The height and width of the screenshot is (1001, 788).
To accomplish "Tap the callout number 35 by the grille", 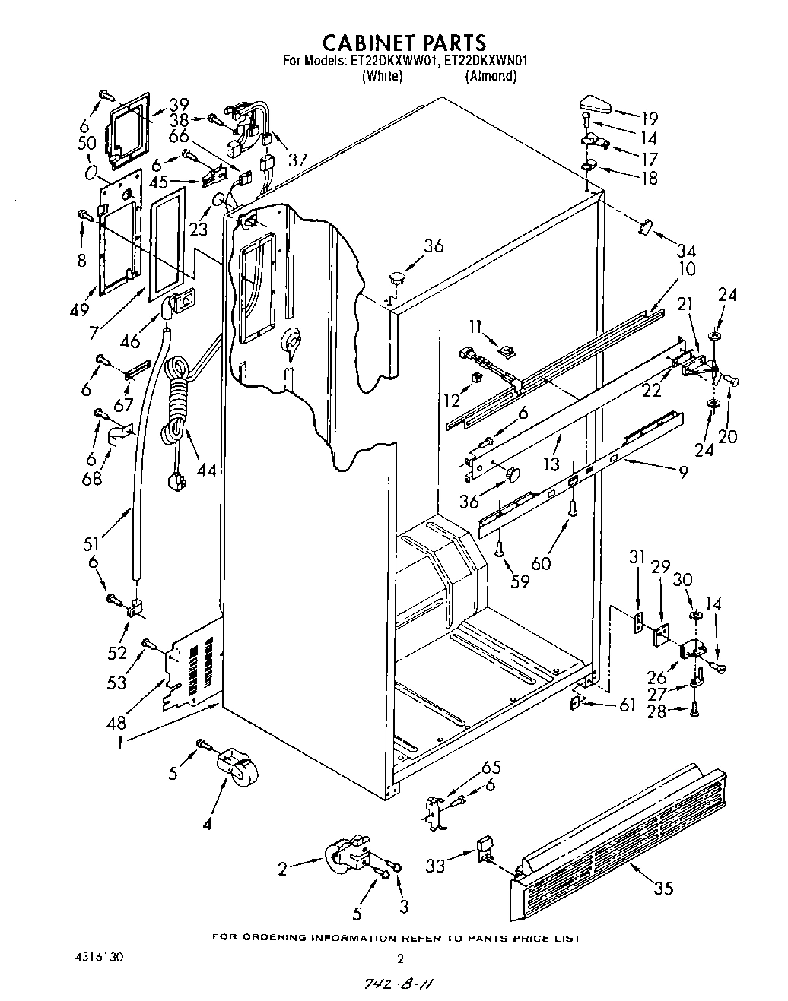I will tap(663, 887).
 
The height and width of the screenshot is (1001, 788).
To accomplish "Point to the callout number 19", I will tap(649, 119).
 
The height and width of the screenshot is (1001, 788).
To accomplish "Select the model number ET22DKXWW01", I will tap(394, 62).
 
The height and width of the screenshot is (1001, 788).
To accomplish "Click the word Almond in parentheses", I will tap(491, 76).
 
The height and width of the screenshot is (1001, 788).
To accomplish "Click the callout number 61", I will tap(627, 706).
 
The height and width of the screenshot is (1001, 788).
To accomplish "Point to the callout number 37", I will tap(298, 159).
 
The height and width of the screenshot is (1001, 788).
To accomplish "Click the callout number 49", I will tap(79, 309).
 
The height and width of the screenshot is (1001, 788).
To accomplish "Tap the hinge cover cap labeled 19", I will tap(593, 102).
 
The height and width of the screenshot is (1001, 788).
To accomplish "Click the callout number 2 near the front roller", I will tap(282, 869).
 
